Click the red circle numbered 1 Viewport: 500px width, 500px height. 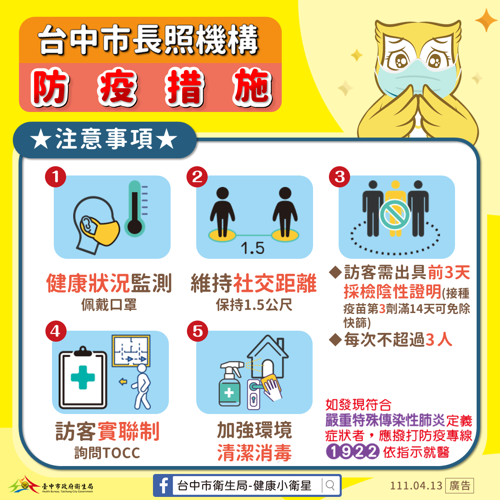(x=56, y=177)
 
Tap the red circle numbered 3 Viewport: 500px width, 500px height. (x=340, y=177)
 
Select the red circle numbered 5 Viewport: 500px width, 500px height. (x=198, y=331)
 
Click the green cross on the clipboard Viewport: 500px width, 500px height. (x=82, y=377)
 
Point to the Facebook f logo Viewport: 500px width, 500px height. (x=163, y=485)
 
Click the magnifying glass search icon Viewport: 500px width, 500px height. (x=330, y=485)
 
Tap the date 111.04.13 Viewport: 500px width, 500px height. (x=416, y=485)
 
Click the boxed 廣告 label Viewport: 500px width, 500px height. (x=459, y=485)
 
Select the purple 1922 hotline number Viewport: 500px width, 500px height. (x=352, y=451)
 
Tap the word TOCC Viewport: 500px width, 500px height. (x=122, y=453)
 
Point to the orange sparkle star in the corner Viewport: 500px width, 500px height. (x=486, y=20)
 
